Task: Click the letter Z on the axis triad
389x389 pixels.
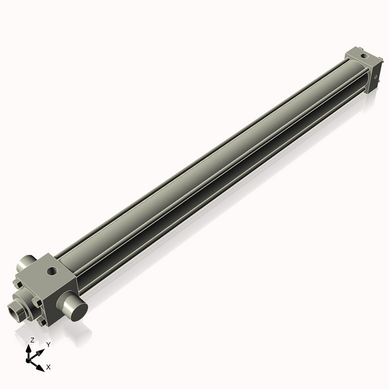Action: pos(32,340)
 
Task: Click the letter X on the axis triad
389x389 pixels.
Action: pos(49,367)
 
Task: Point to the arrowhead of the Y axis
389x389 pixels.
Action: pos(40,351)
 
